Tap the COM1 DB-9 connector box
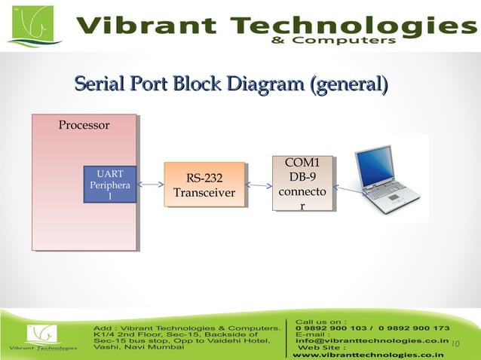(x=303, y=184)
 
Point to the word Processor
(x=84, y=125)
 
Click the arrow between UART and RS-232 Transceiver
(x=151, y=185)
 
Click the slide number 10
(x=455, y=343)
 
